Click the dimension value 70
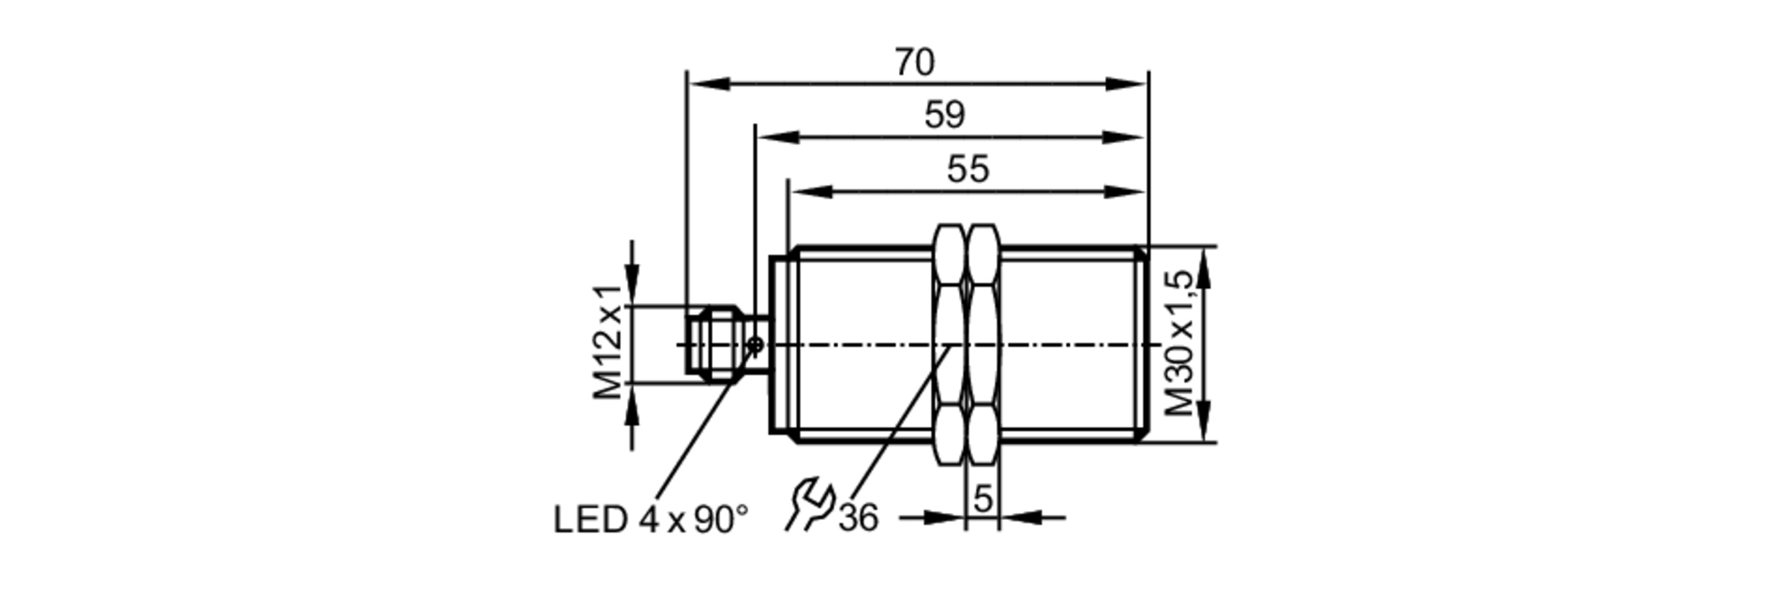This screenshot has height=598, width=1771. click(x=914, y=63)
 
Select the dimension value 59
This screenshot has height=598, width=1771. click(x=944, y=115)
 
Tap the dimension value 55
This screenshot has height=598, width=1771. click(x=967, y=169)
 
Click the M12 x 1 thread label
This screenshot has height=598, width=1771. click(x=608, y=343)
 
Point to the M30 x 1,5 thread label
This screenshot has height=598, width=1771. click(x=1180, y=343)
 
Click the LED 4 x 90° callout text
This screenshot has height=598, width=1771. click(x=651, y=520)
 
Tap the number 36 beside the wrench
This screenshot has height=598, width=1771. click(x=858, y=518)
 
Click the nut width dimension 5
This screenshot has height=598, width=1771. click(x=983, y=499)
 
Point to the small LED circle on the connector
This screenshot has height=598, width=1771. click(x=755, y=345)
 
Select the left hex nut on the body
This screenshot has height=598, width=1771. click(x=949, y=344)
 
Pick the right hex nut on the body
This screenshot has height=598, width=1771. click(x=983, y=344)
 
